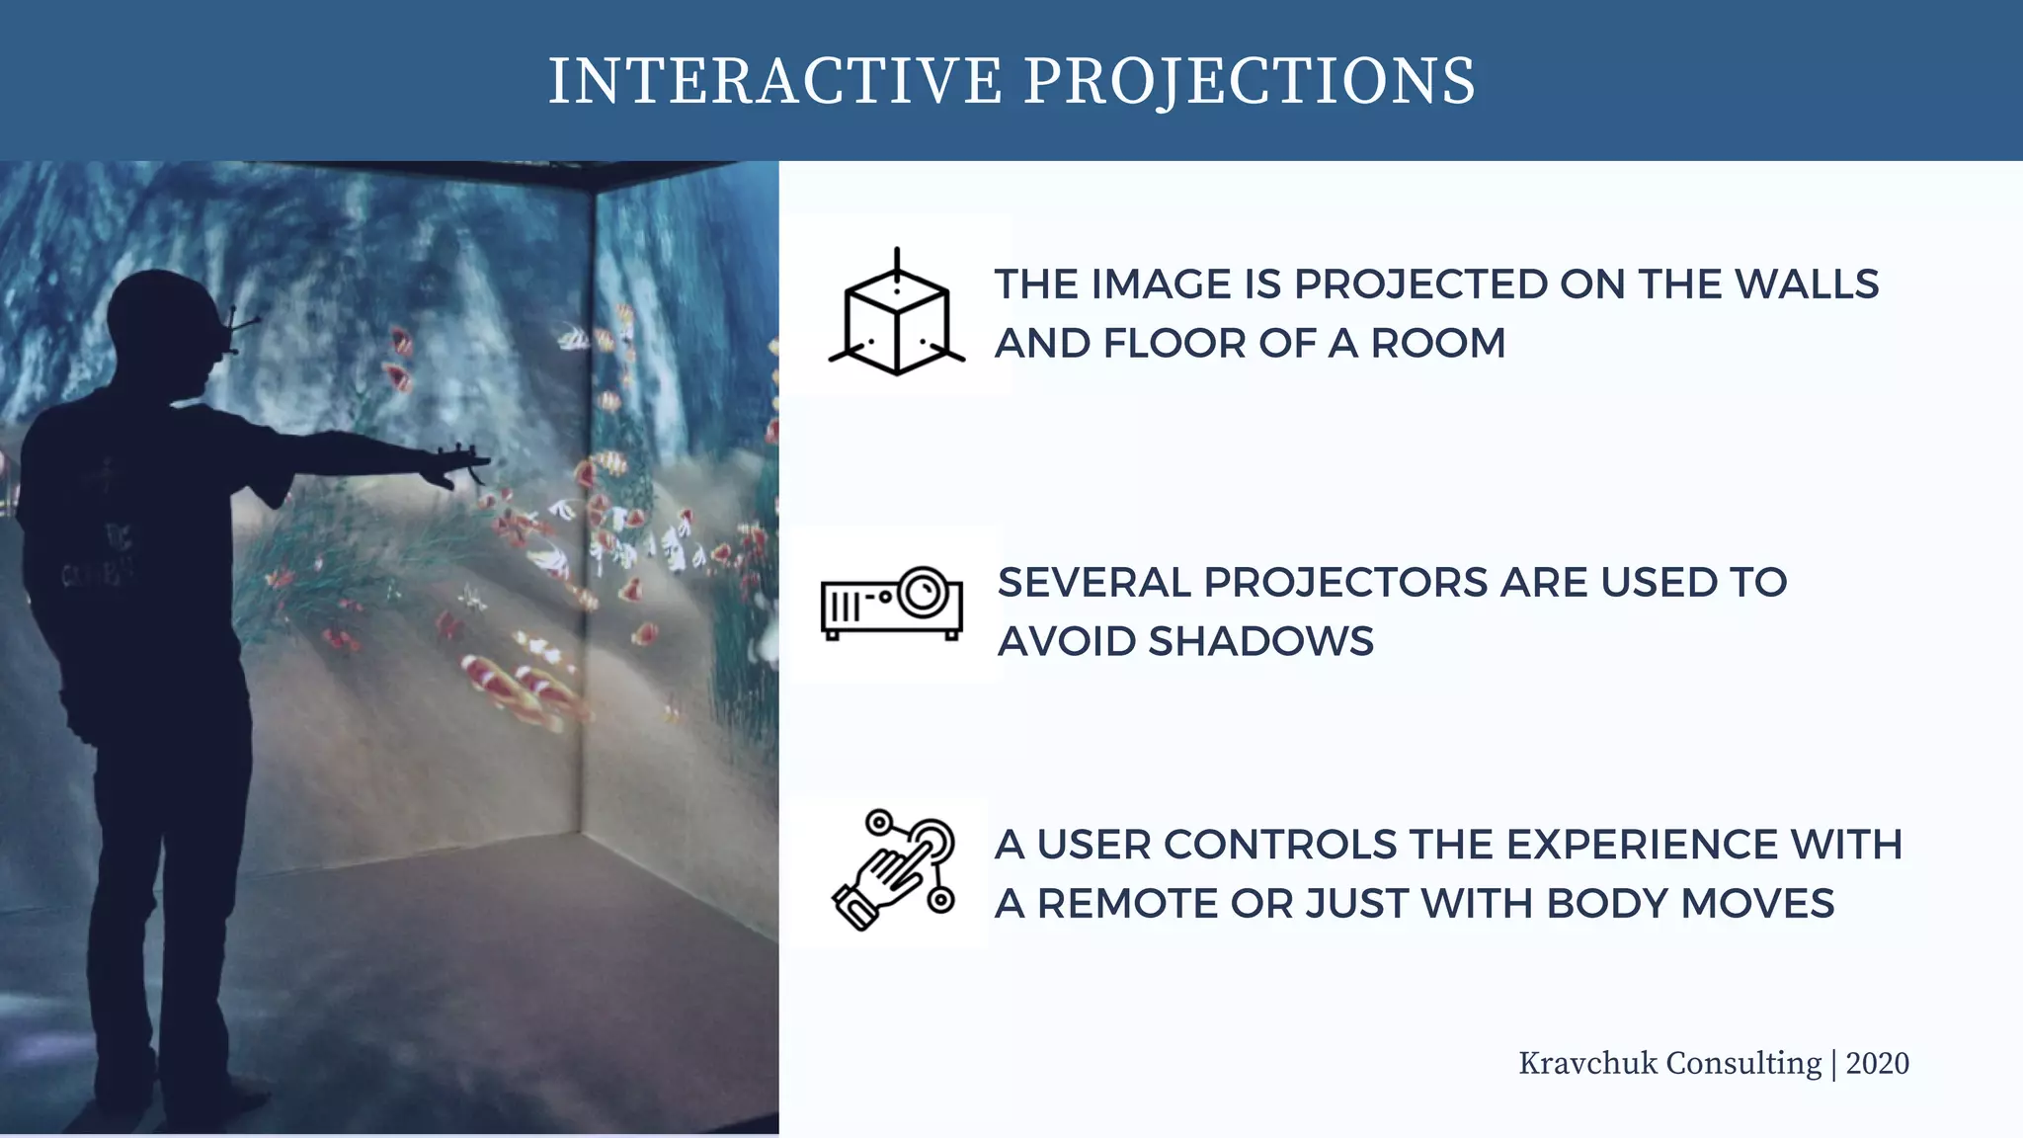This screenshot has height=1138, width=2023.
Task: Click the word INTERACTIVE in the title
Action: click(775, 81)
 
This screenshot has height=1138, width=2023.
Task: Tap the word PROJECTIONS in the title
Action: click(1250, 81)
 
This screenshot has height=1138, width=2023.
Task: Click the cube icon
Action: click(896, 314)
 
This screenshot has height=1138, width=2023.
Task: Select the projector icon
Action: click(891, 604)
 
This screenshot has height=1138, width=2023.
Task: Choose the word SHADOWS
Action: click(1260, 642)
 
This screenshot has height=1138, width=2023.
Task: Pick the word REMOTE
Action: click(1127, 904)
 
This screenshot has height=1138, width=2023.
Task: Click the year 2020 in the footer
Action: click(1877, 1064)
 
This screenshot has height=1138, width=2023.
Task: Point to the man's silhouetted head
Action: click(163, 326)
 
